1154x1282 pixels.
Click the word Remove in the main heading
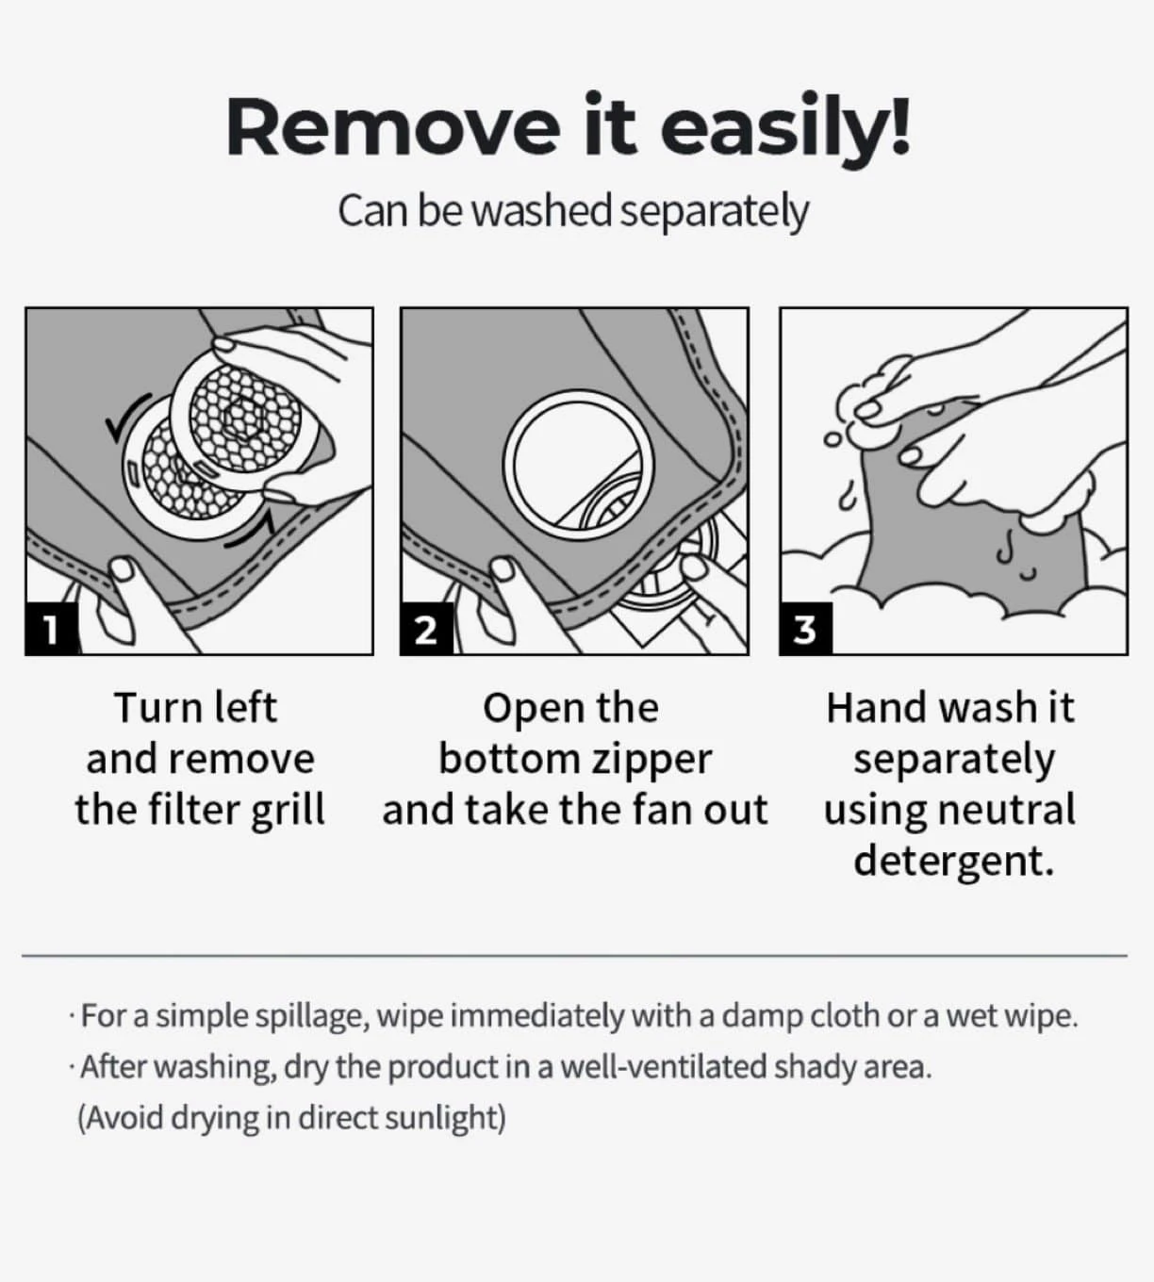click(393, 127)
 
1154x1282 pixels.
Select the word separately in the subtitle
click(714, 212)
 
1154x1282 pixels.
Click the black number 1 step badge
click(51, 629)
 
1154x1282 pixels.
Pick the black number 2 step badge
click(426, 629)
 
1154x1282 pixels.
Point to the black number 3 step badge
click(805, 629)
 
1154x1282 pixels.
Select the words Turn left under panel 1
click(196, 708)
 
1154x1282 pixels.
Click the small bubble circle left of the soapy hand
click(832, 439)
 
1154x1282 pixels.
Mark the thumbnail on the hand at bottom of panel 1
click(123, 568)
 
